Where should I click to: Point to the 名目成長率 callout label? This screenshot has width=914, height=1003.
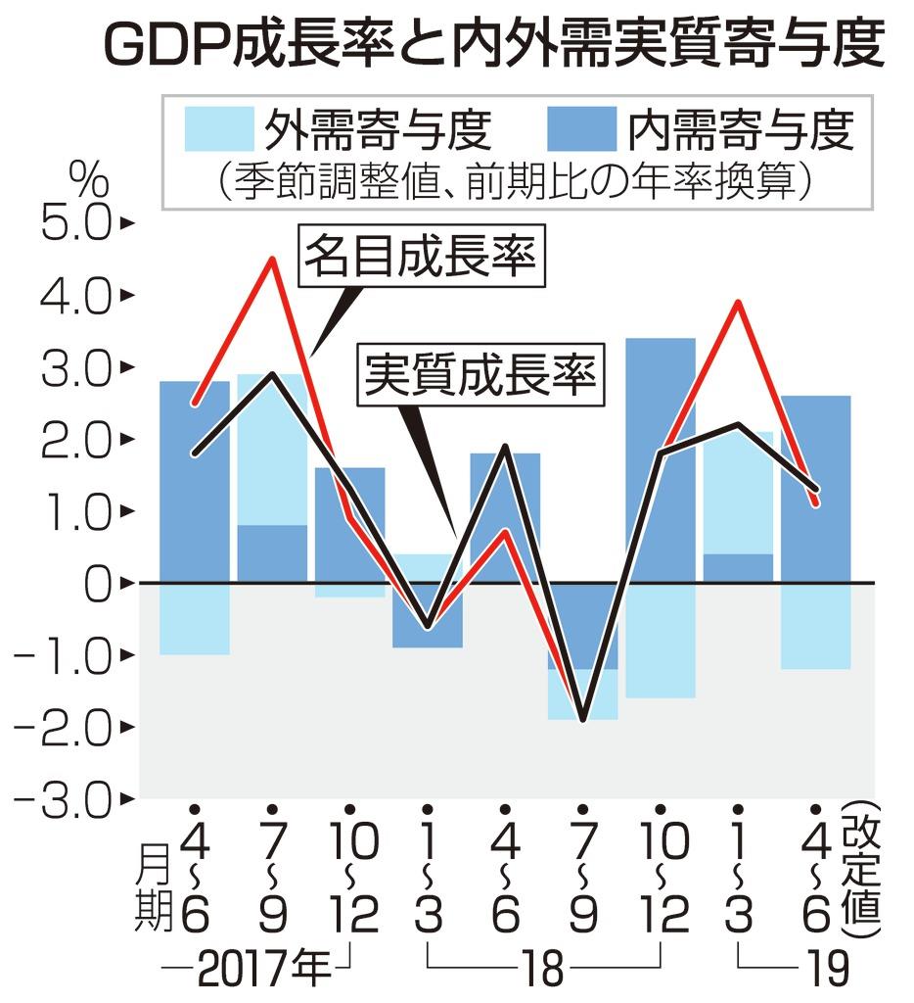[421, 258]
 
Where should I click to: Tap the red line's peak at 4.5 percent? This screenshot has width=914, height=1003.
[273, 260]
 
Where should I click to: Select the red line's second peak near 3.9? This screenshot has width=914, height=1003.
[740, 303]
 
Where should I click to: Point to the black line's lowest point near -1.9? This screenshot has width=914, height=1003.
[584, 719]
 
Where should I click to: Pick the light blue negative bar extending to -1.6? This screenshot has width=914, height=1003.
[661, 641]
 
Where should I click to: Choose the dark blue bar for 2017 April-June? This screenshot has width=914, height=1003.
[195, 481]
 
